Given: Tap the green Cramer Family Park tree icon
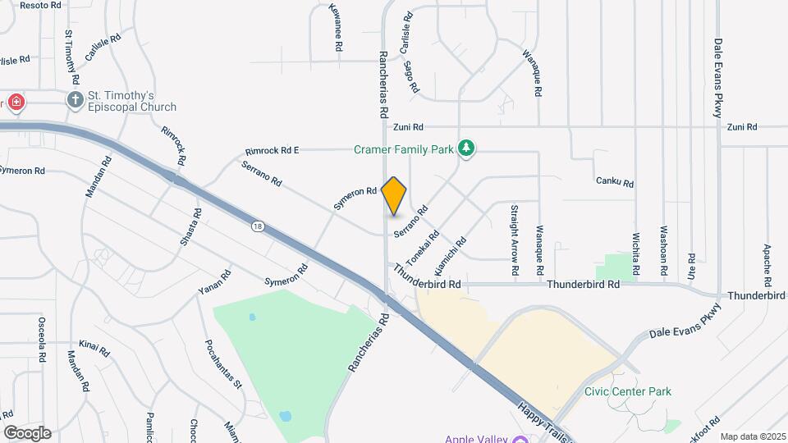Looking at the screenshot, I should (x=467, y=148).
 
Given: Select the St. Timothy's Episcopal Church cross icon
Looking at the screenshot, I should (x=76, y=101).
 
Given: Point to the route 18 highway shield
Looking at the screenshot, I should (x=258, y=226).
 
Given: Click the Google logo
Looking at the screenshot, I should (x=26, y=432).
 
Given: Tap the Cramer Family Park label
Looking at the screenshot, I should (x=403, y=149).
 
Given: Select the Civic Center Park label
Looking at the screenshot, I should (x=627, y=391).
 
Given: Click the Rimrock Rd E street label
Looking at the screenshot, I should (x=272, y=151).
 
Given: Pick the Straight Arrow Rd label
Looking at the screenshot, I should (x=515, y=240).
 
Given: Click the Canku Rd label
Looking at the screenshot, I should (x=615, y=181).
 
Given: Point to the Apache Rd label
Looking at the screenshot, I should (x=767, y=260).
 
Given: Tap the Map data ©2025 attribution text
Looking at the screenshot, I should (x=751, y=436).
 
